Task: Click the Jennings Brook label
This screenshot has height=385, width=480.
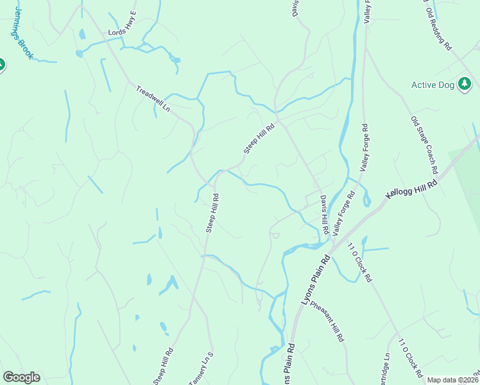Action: (x=21, y=38)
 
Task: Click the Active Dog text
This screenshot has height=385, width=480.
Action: (x=433, y=85)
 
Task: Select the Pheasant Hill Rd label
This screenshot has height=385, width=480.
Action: (x=328, y=320)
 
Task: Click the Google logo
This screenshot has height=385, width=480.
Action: (x=21, y=377)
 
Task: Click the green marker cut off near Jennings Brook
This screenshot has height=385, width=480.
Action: (x=2, y=65)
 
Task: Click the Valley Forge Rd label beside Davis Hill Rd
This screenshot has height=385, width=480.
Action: (x=343, y=214)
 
